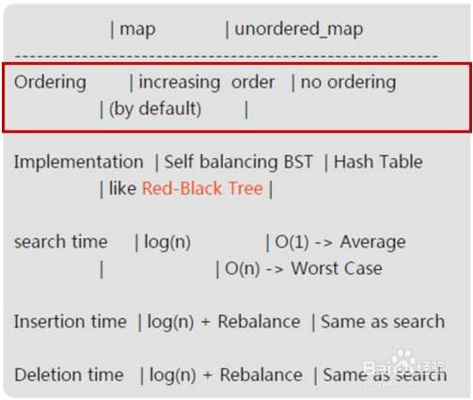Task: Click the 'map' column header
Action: click(137, 30)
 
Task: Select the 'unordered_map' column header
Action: click(299, 29)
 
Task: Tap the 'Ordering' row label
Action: click(50, 83)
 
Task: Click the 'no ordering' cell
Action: click(348, 83)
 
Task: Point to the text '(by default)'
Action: click(155, 110)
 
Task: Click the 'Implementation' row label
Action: click(79, 163)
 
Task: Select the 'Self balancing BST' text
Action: click(239, 163)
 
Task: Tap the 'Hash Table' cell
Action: click(378, 162)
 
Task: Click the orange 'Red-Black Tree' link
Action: click(202, 188)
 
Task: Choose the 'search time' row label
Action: click(61, 242)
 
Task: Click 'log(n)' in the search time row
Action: click(167, 243)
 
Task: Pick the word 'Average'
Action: click(373, 243)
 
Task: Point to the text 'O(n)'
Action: click(243, 269)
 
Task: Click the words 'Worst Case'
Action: click(337, 268)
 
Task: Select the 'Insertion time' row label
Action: click(71, 322)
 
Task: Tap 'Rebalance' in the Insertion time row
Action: click(259, 322)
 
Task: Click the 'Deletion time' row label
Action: click(69, 376)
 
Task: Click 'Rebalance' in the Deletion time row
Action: click(261, 376)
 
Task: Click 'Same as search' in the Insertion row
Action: click(383, 322)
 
